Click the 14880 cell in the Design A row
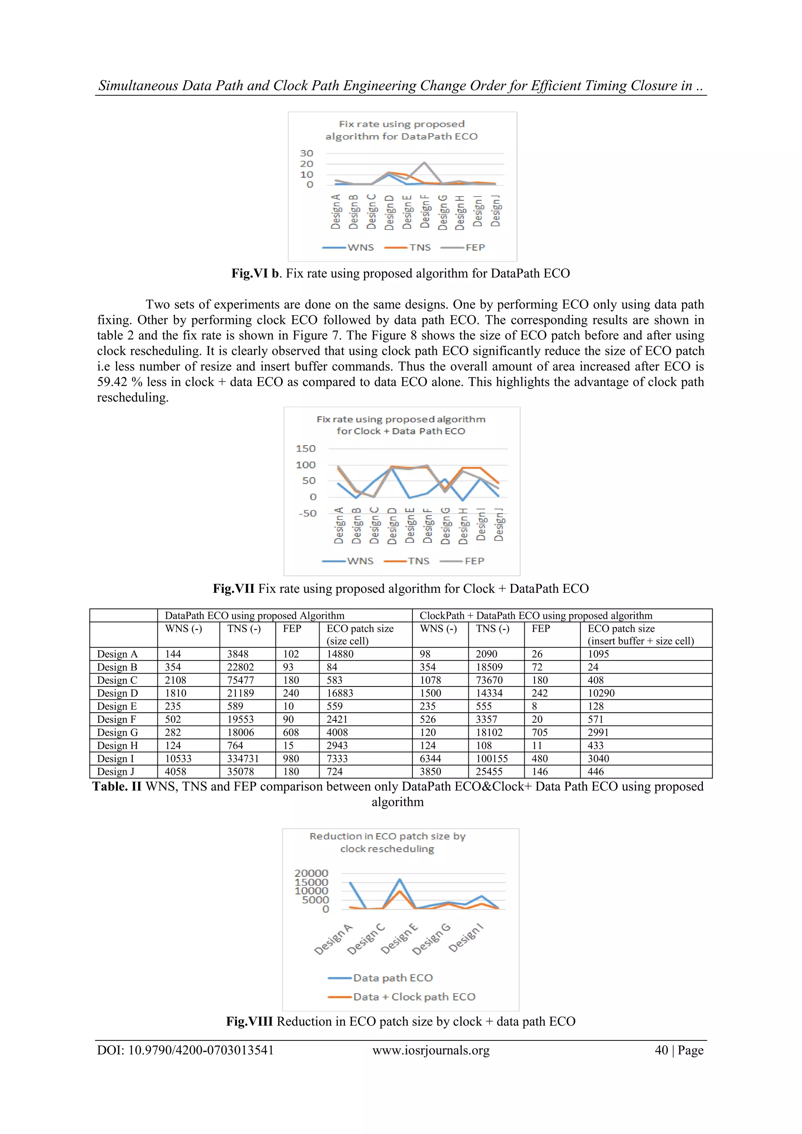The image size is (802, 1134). coord(340,654)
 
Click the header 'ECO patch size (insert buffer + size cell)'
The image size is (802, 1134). coord(641,635)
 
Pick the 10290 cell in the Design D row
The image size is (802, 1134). coord(601,693)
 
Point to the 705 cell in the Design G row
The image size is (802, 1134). coord(540,733)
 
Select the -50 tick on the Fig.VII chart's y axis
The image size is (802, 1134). coord(307,513)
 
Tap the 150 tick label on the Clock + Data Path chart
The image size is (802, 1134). coord(306,448)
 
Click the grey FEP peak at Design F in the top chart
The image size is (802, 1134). coord(424,163)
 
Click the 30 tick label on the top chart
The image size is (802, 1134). coord(306,153)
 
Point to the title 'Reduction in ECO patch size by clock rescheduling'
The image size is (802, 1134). coord(387,843)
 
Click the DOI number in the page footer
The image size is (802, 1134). coord(200,1050)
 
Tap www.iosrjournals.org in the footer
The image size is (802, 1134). coord(431,1050)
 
